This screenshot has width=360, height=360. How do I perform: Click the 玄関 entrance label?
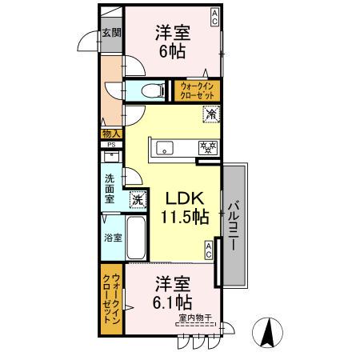tap(111, 34)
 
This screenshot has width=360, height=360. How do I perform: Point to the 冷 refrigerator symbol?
tap(212, 114)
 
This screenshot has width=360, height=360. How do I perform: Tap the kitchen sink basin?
tap(166, 147)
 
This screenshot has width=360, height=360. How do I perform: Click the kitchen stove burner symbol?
tap(207, 146)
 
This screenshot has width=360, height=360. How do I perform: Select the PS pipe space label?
tap(111, 145)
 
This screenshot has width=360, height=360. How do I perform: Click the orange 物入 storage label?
tap(111, 134)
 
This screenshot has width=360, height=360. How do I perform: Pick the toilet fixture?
tap(146, 89)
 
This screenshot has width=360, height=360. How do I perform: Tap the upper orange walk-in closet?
tap(197, 89)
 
